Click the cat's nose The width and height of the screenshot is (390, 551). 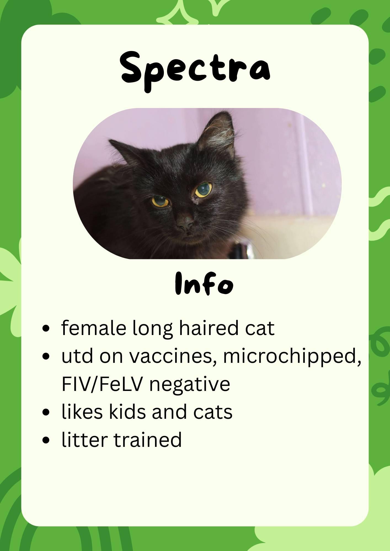pos(185,223)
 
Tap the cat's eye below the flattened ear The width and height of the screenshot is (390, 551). pos(161,201)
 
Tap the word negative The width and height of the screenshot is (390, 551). pos(189,385)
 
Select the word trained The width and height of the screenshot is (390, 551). pos(148,439)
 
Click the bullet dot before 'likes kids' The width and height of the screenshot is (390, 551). pos(46,412)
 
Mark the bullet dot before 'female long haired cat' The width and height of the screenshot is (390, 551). pos(46,329)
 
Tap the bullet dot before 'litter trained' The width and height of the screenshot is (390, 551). pos(46,440)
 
